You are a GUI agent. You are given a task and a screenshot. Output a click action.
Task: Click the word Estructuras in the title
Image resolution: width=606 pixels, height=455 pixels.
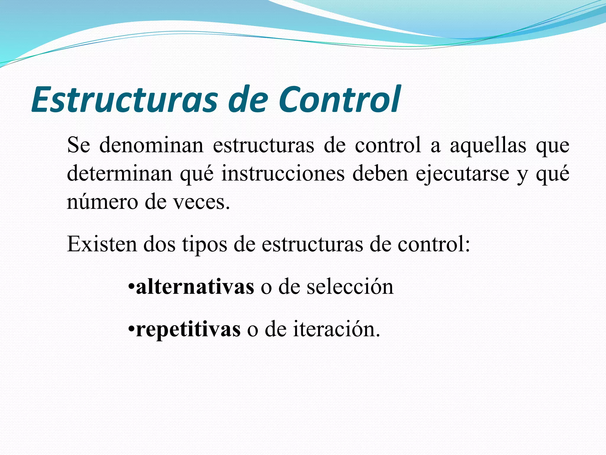point(124,100)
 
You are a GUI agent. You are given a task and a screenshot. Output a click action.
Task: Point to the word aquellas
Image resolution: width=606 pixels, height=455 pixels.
point(488,145)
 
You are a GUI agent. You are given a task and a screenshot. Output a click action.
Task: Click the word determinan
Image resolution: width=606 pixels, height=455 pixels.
point(120,173)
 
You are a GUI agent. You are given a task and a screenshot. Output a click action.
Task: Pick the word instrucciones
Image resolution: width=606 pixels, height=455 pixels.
point(283,173)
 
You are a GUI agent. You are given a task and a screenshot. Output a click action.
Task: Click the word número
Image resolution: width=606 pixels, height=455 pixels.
point(102,202)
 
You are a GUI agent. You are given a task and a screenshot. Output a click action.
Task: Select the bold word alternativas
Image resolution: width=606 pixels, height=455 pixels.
point(195,287)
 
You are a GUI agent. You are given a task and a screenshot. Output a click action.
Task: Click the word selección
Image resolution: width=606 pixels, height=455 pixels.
point(350,287)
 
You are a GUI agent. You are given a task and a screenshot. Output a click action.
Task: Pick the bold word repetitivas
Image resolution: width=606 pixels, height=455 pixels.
point(188,329)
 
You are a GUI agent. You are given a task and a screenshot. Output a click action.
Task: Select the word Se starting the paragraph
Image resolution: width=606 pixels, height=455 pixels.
point(78,145)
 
